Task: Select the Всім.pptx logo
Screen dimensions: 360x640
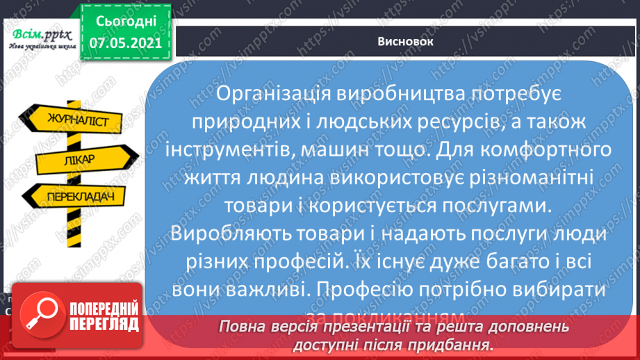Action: [40, 38]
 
